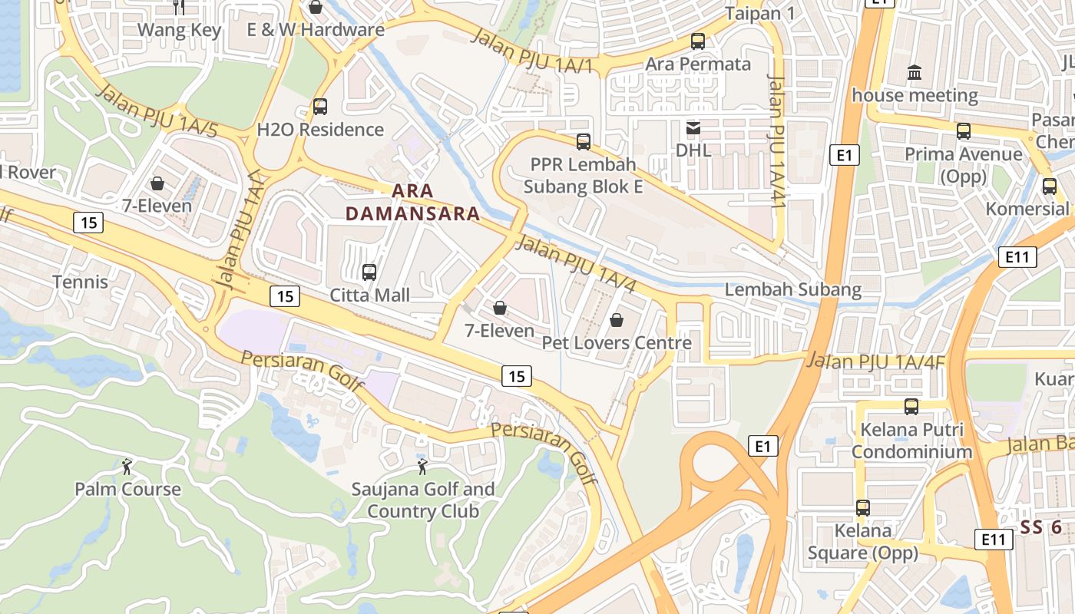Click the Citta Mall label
[x=369, y=295]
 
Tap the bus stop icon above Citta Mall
[x=369, y=272]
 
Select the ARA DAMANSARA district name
[x=412, y=202]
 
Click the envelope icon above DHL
[x=693, y=127]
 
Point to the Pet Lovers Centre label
[x=617, y=342]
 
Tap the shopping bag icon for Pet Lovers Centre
[x=616, y=319]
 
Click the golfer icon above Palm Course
[x=127, y=466]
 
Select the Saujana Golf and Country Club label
[x=423, y=500]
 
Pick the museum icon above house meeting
[x=915, y=73]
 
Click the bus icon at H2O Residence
[x=320, y=107]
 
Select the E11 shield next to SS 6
[x=993, y=540]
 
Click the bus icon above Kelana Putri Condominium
[x=911, y=406]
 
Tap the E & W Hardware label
[x=316, y=30]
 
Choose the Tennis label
[x=81, y=282]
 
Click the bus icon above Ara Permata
[x=698, y=41]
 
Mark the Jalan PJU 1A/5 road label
[x=158, y=112]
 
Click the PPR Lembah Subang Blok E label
[x=584, y=175]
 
